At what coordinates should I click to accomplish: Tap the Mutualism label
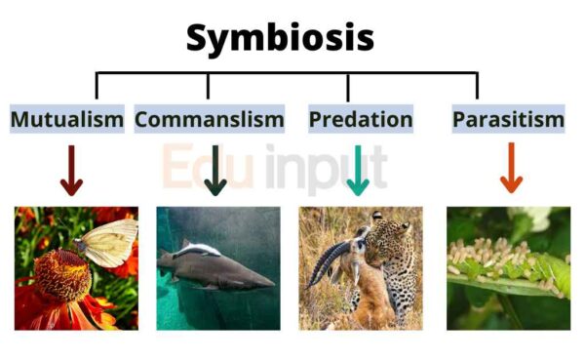67,120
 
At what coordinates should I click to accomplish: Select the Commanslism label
210,120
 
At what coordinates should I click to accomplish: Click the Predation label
361,120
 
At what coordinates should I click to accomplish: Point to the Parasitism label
508,120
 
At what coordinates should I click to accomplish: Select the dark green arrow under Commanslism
215,171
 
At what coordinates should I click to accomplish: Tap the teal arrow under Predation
358,171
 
